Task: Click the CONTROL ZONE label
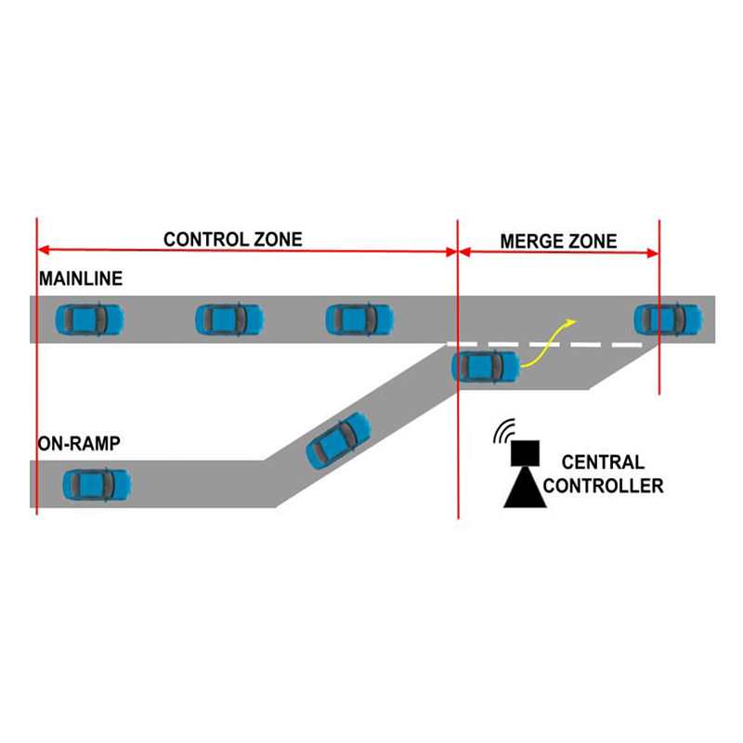tap(233, 240)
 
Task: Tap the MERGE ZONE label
tap(559, 241)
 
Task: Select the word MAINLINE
tap(81, 279)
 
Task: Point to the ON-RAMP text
tap(79, 444)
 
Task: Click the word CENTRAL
tap(603, 462)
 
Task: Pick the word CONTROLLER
tap(603, 486)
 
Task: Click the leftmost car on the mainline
tap(89, 319)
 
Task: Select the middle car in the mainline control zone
tap(229, 319)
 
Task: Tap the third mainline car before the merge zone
tap(359, 319)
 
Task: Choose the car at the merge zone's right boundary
tap(668, 319)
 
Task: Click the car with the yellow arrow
tap(486, 366)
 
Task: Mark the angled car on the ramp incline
tap(338, 440)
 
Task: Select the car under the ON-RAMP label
tap(98, 485)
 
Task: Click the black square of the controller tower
tap(525, 453)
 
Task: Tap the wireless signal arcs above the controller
tap(503, 430)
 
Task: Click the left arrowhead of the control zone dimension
tap(43, 249)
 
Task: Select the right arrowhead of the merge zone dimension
tap(653, 254)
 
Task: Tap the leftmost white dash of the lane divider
tap(462, 344)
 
